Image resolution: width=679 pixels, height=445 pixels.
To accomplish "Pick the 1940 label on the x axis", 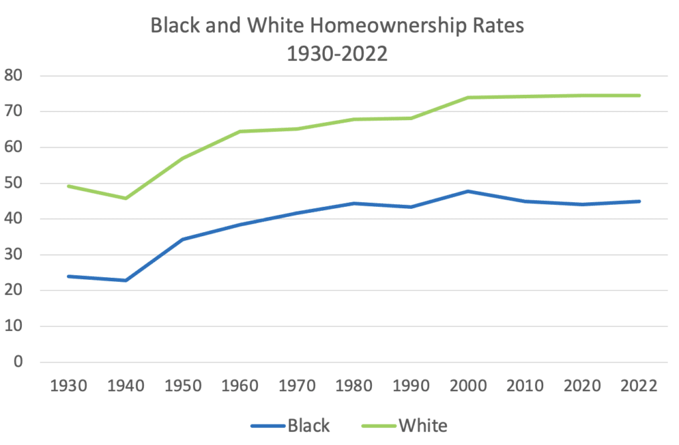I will coord(125,387).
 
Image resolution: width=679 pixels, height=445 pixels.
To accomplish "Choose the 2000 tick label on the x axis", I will coord(468,387).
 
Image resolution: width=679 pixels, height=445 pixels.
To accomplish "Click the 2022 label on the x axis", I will coord(639,387).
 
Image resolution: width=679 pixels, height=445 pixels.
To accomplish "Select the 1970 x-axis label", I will coord(297,387).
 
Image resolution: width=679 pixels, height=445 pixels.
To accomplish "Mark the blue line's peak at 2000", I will coord(468,191).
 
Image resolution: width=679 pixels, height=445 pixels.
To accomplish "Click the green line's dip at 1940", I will coord(125,198).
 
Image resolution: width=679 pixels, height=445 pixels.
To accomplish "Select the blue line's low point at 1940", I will coord(125,281).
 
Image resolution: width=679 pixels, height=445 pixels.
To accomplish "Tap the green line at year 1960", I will coord(240,131).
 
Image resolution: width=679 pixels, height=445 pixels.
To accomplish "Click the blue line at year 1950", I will coord(182,239).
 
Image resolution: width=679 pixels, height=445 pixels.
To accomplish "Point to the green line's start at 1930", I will coord(68,186).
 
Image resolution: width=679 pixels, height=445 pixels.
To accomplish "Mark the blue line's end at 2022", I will coord(639,201).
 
